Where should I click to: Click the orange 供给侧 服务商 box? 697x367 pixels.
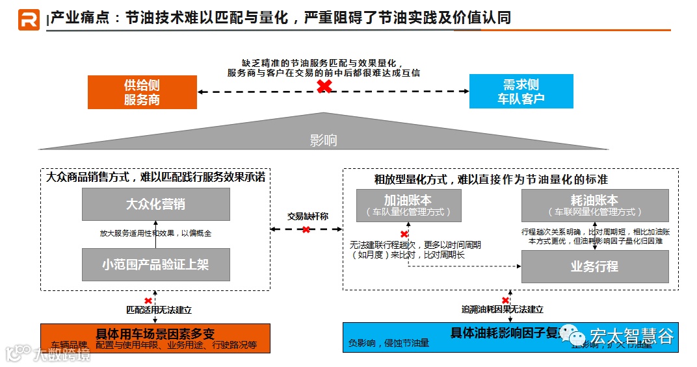142,92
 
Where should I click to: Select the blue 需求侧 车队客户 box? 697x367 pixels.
521,91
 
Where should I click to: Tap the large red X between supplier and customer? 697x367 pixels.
324,86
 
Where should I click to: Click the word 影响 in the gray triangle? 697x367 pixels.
323,140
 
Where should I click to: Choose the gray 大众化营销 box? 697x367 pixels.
155,204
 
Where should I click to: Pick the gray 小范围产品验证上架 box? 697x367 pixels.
155,264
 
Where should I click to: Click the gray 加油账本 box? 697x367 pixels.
408,205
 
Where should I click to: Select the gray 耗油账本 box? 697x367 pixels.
594,205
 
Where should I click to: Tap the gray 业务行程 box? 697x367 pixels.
594,266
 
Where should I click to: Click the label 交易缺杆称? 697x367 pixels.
308,216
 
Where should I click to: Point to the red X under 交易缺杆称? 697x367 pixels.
306,229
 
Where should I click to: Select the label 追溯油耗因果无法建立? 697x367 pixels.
501,310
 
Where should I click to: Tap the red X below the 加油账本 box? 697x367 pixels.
404,234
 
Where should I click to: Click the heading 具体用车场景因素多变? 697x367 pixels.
155,334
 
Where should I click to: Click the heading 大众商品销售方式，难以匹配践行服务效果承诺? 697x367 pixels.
155,177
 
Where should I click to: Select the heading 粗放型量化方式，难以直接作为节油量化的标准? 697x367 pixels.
491,179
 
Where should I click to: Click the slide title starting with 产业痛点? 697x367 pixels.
280,18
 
